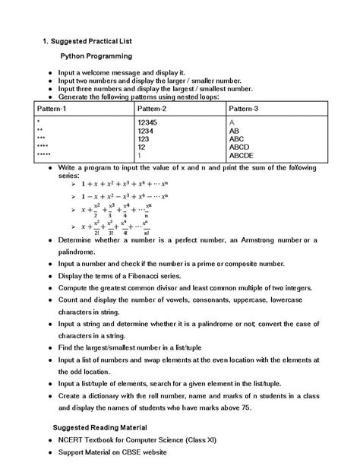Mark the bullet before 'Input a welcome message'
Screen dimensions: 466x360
(x=49, y=72)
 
